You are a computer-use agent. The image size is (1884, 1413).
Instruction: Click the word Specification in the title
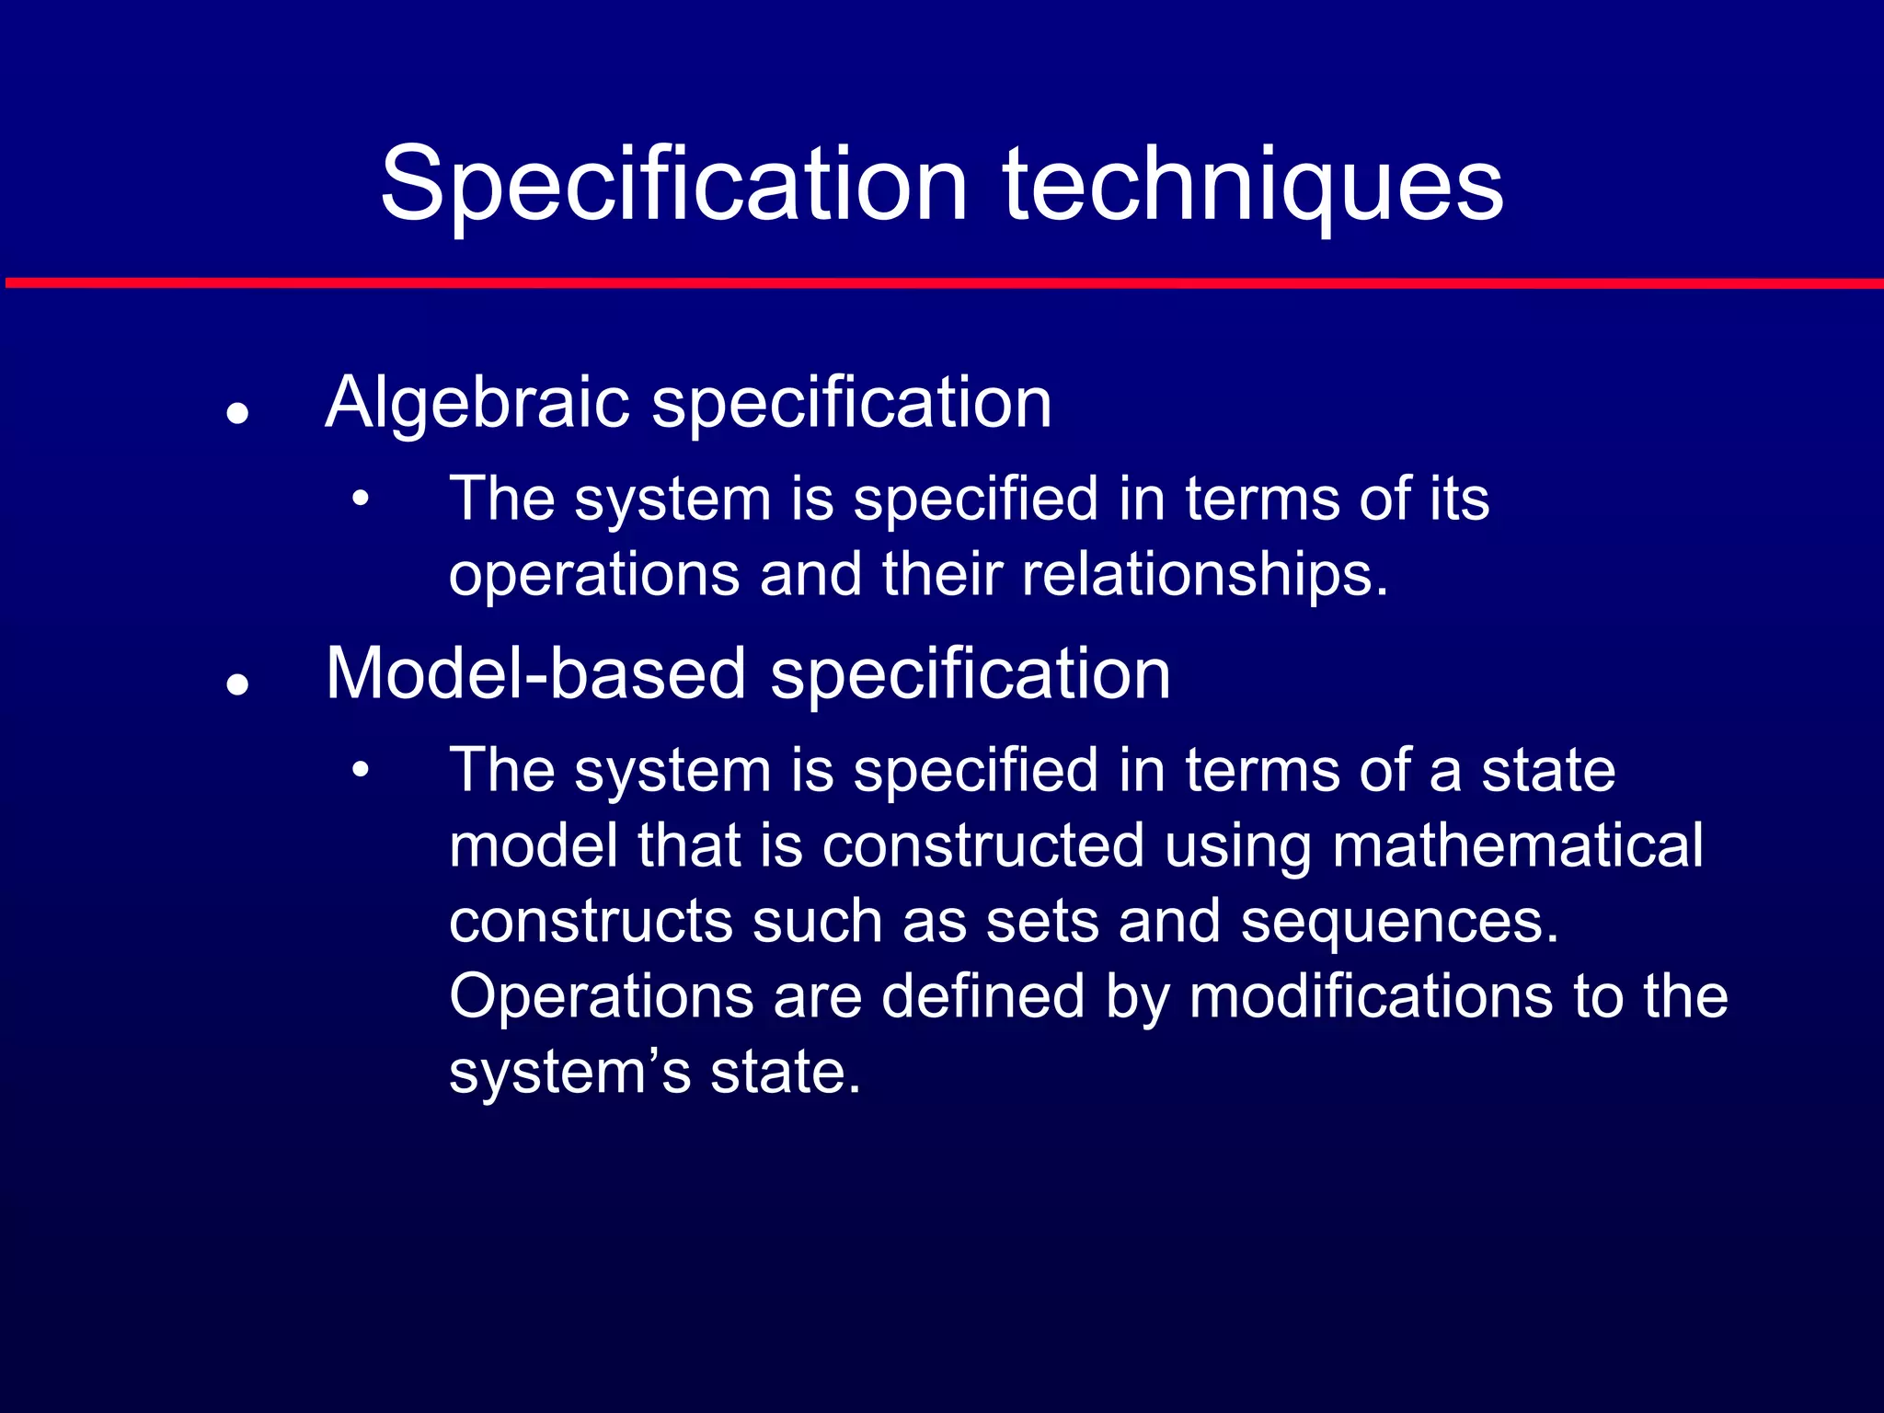[x=674, y=184]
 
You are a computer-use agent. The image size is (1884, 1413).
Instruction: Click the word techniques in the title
[x=1253, y=184]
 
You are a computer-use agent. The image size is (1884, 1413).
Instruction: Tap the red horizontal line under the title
[x=942, y=283]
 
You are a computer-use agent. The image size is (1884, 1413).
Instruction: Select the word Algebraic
[x=477, y=403]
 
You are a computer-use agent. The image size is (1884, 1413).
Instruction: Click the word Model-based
[x=535, y=674]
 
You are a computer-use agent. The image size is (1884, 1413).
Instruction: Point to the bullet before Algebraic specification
[x=238, y=413]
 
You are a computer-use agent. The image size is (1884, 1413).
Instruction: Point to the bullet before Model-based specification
[x=238, y=684]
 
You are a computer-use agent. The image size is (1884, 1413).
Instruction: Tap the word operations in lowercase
[x=594, y=575]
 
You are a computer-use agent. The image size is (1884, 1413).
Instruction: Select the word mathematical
[x=1517, y=845]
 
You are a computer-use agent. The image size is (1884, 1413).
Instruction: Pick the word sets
[x=1042, y=922]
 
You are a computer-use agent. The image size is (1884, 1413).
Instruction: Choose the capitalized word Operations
[x=601, y=997]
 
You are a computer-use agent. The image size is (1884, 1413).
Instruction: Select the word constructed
[x=982, y=845]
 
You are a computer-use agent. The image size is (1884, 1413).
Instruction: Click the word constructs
[x=591, y=922]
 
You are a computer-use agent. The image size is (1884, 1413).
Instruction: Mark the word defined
[x=982, y=997]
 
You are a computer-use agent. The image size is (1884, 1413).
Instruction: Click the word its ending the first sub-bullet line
[x=1459, y=500]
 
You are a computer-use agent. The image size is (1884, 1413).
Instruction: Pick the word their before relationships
[x=942, y=575]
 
